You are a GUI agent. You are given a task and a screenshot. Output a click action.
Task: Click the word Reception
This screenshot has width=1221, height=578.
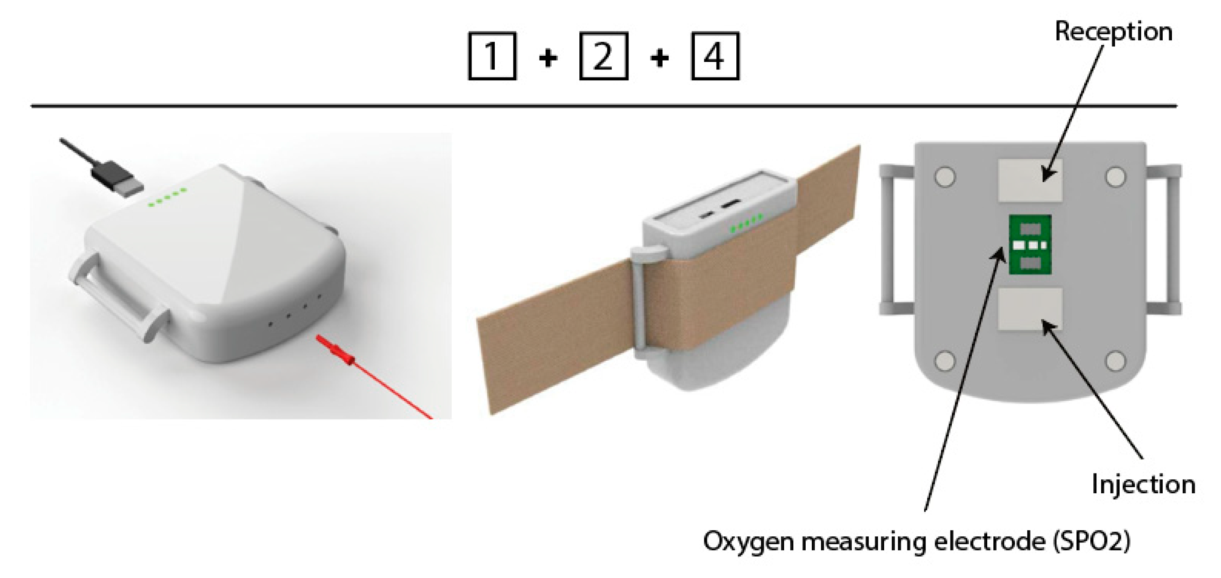(x=1114, y=32)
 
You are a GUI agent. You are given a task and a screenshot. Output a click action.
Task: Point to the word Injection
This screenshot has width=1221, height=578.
(x=1143, y=485)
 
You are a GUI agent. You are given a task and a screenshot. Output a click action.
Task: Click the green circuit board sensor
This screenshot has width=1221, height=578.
(x=1030, y=244)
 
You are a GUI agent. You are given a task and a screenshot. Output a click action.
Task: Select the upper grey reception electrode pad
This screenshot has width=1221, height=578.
(x=1029, y=180)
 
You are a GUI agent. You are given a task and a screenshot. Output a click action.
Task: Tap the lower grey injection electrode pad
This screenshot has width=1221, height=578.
(x=1029, y=309)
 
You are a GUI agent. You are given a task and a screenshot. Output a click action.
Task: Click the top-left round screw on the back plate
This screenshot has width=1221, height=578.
(x=945, y=177)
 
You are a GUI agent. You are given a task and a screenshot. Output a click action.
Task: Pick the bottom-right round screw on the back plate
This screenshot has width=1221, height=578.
(x=1115, y=361)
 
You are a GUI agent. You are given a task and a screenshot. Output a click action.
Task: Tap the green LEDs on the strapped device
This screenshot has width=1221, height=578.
(x=746, y=223)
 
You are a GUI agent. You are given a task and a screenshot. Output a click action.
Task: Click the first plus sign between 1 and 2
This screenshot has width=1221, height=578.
(x=548, y=58)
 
